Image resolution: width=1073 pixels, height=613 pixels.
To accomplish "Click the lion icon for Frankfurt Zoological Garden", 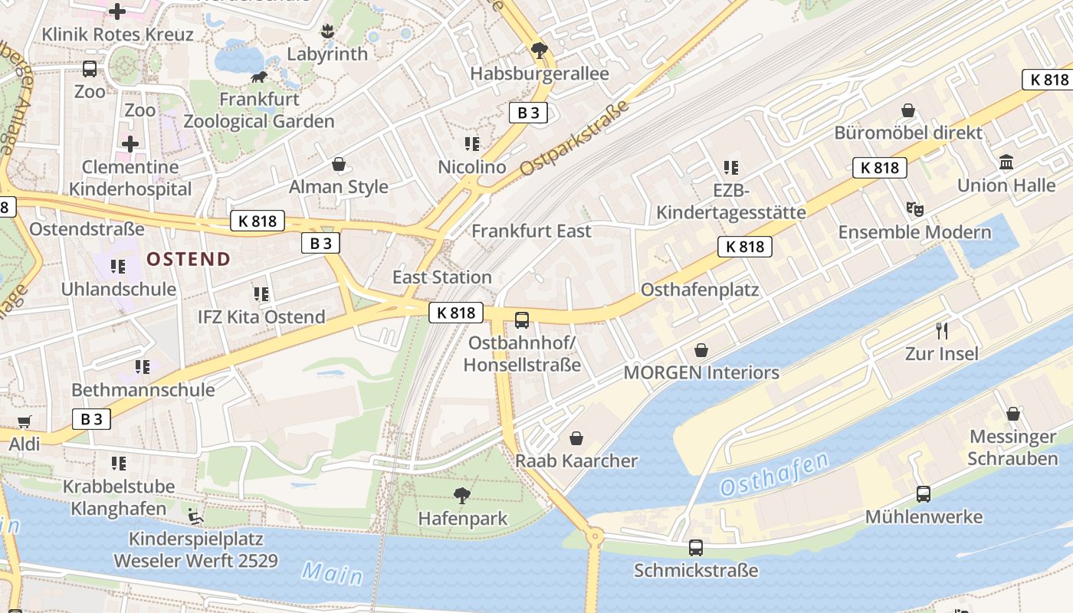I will [x=259, y=77].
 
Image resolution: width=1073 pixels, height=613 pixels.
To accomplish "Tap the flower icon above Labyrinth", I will [x=327, y=31].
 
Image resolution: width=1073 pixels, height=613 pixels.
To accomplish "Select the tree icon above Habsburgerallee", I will [x=540, y=51].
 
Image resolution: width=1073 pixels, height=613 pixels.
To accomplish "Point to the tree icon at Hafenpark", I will [x=462, y=496].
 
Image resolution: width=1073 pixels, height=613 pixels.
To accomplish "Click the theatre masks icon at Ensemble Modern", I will [x=914, y=208].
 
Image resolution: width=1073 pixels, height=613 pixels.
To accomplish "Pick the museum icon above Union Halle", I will [x=1006, y=162].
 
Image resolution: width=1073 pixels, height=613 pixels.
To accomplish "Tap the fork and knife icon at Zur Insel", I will [x=942, y=331].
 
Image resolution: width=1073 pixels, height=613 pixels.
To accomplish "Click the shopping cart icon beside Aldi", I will [x=24, y=421].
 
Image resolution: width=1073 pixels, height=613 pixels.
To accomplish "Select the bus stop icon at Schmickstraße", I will [x=696, y=548].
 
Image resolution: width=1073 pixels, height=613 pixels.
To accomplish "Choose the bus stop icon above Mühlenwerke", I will [x=924, y=494].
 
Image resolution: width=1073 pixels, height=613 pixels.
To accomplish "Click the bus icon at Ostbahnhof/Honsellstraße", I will [x=522, y=320].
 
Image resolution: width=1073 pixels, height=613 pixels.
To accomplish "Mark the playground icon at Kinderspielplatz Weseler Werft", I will [x=196, y=516].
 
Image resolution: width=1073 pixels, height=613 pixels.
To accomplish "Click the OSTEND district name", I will [x=189, y=259].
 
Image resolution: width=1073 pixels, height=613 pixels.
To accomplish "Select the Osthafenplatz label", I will [x=700, y=290].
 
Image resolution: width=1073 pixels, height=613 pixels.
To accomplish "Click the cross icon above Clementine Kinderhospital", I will [x=130, y=143].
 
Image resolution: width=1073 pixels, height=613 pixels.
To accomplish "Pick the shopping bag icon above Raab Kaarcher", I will [x=576, y=438].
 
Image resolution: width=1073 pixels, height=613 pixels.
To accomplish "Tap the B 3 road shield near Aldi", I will [x=91, y=419].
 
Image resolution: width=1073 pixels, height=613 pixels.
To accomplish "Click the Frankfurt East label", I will [x=531, y=231].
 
